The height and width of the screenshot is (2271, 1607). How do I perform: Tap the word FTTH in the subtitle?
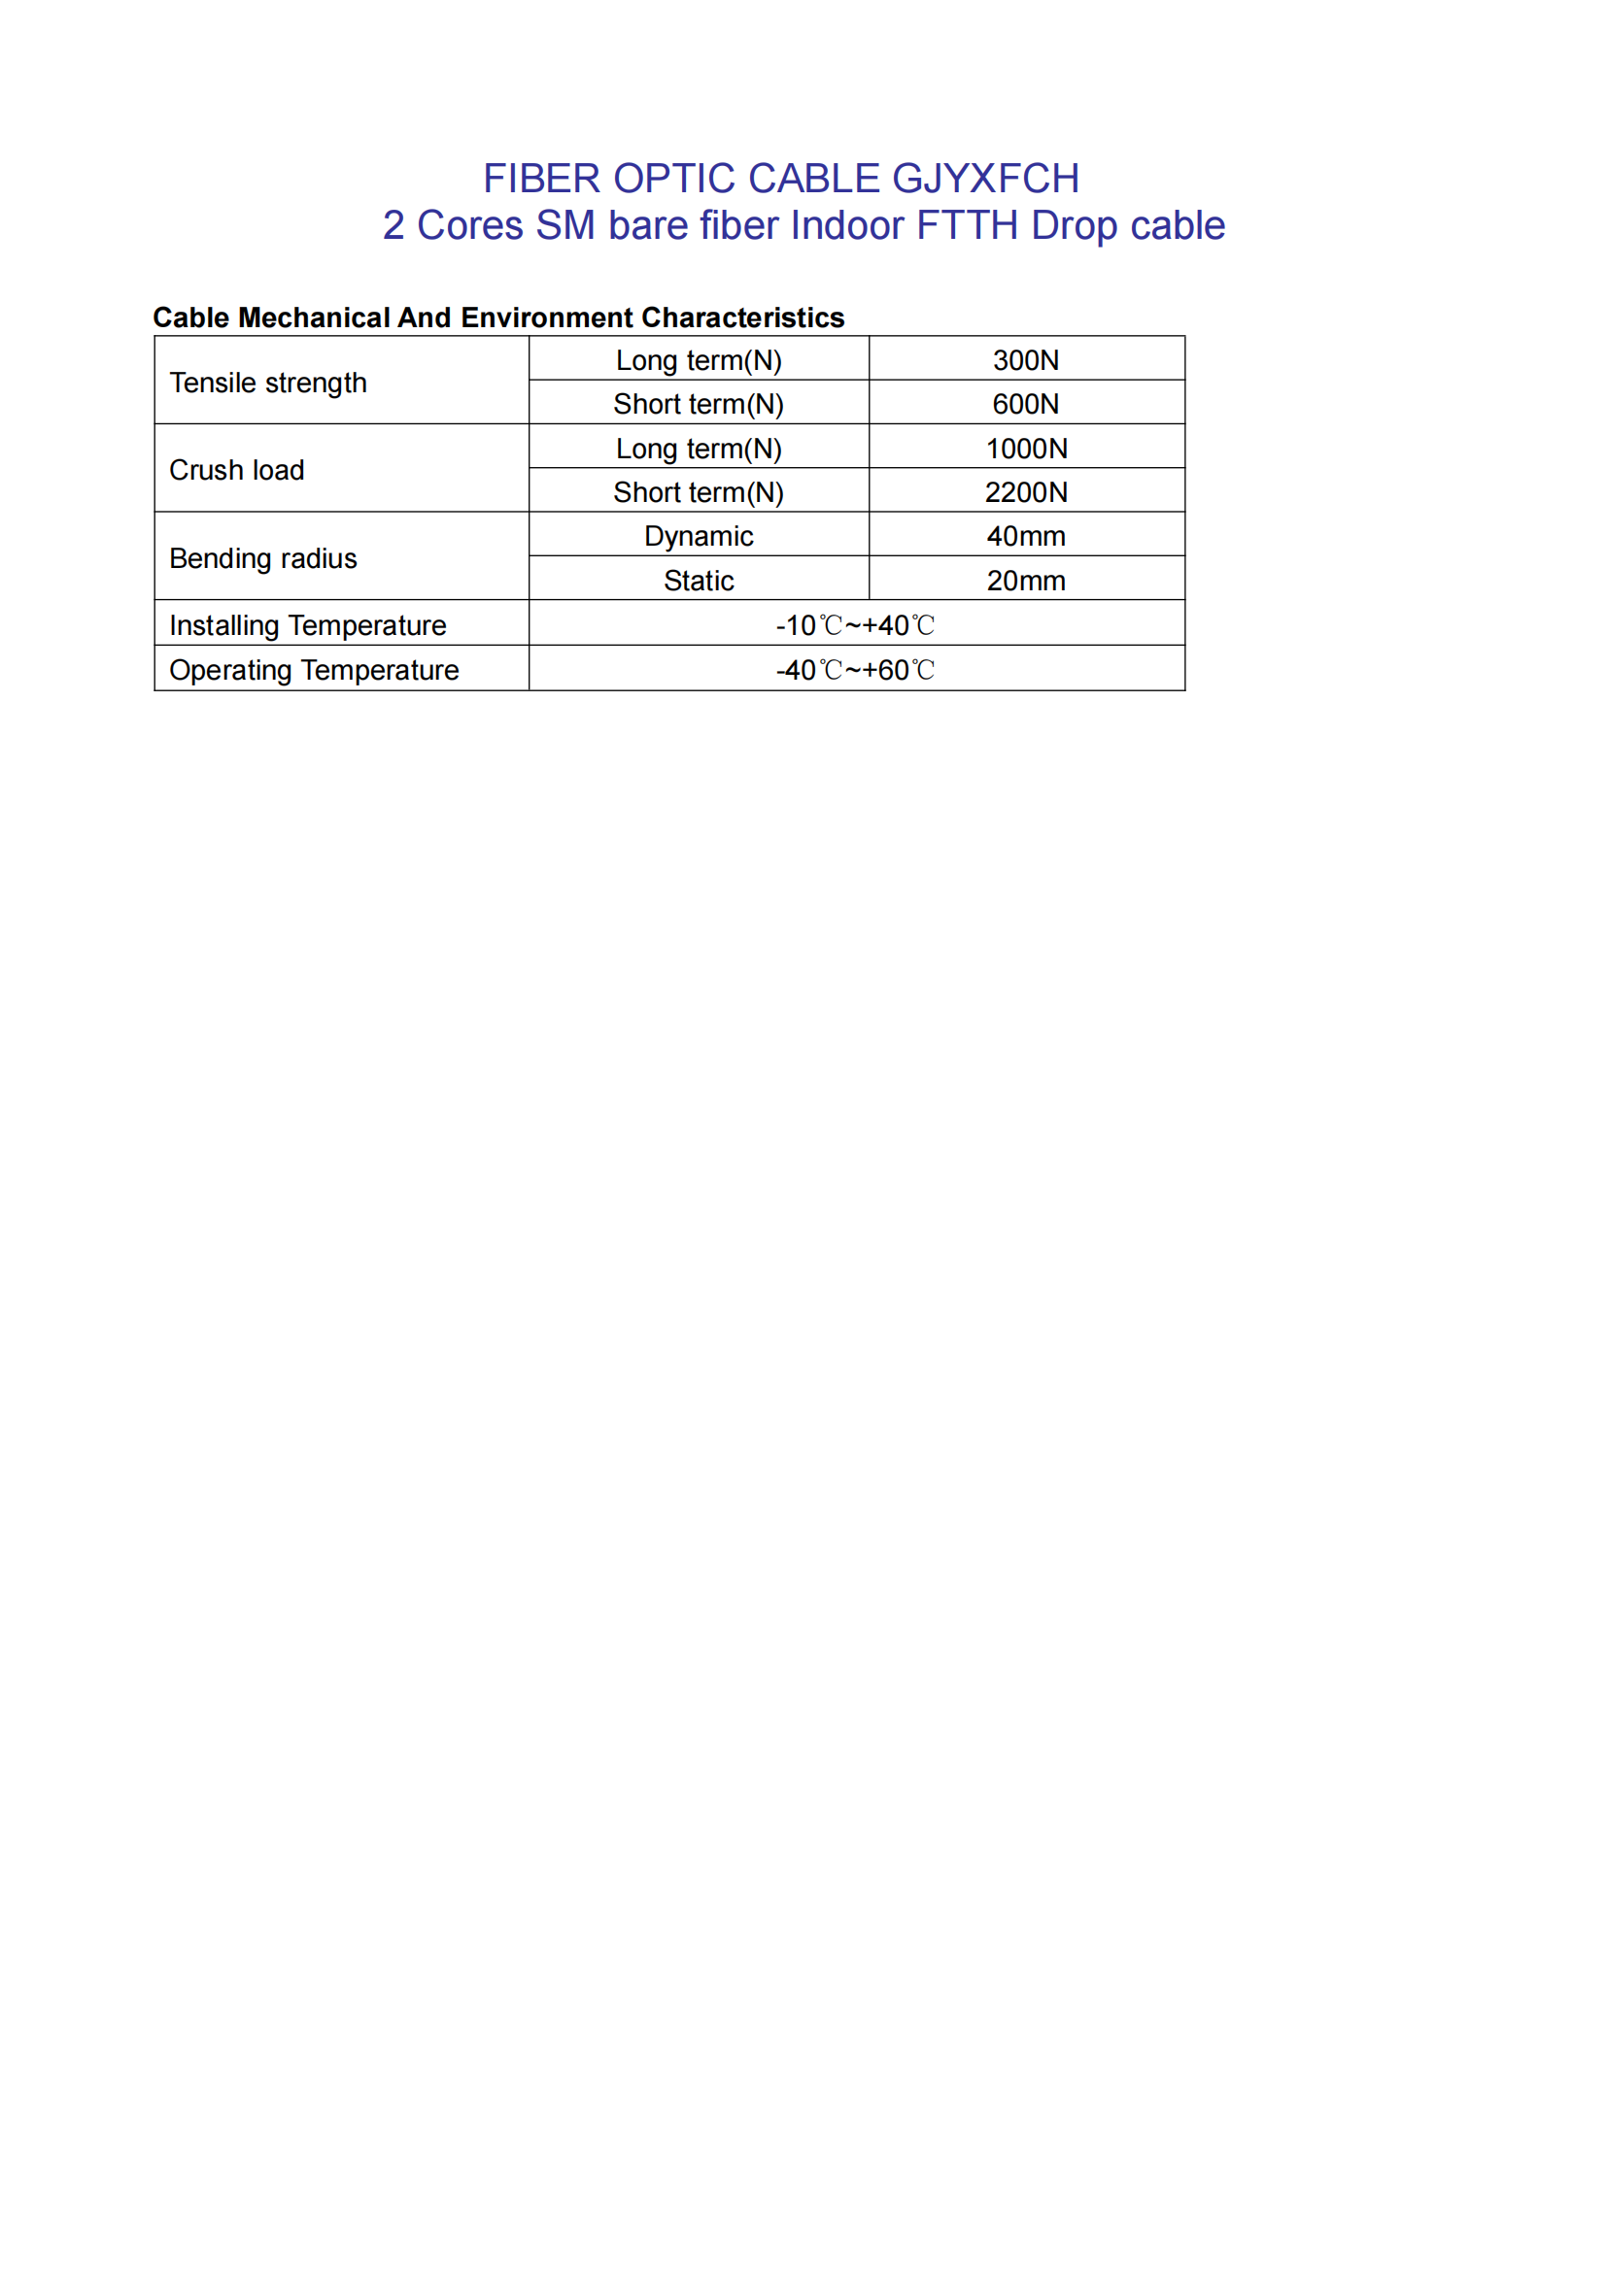[x=967, y=225]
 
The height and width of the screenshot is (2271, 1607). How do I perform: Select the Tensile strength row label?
[x=268, y=383]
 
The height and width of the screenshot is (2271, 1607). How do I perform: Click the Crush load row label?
[x=236, y=470]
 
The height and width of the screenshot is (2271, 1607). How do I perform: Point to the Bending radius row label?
[x=263, y=558]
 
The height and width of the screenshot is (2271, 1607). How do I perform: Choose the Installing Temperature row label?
[x=308, y=625]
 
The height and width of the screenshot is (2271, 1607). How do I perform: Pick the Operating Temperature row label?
[x=314, y=670]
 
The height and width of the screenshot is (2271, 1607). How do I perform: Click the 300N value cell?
[x=1026, y=360]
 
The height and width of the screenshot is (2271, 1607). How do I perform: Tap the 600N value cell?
[x=1026, y=404]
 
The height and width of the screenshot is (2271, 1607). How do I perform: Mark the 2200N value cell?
[x=1026, y=491]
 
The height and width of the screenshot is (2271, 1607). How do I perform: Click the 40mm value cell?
[x=1026, y=536]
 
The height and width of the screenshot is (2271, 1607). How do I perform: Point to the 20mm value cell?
[x=1026, y=581]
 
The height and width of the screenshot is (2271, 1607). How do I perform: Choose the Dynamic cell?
[x=699, y=536]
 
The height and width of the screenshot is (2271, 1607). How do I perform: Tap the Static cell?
[x=699, y=581]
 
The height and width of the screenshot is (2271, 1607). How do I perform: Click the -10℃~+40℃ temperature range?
[x=856, y=625]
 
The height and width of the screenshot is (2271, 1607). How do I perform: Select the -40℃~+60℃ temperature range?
[x=856, y=670]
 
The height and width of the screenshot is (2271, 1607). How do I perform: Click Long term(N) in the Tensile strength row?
[x=699, y=360]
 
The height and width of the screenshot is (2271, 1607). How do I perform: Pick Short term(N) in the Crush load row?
[x=699, y=491]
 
